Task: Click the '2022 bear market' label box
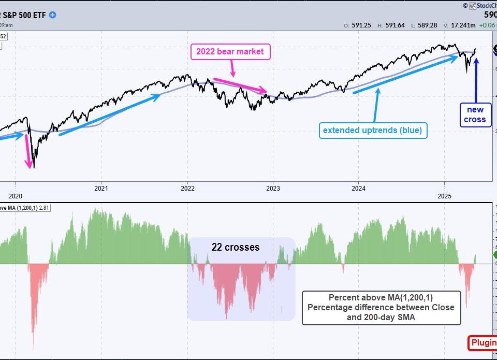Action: pos(230,52)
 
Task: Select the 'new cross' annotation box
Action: pos(475,114)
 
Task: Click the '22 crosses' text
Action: pos(236,248)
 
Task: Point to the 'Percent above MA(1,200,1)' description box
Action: pos(381,308)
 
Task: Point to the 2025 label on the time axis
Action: pos(445,197)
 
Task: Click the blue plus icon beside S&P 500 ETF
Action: pos(53,15)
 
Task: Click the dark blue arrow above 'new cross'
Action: pos(476,78)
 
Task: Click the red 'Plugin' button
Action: pos(483,343)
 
